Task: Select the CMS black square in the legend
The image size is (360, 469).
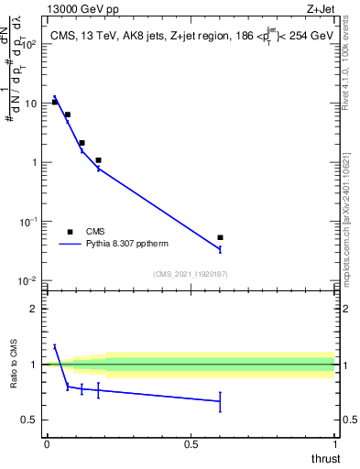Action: point(70,232)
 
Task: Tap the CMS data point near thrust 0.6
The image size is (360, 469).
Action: point(220,237)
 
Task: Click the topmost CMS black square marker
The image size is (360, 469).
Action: point(55,102)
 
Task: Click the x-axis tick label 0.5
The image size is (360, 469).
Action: point(191,444)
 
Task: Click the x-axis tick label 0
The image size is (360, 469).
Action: point(46,444)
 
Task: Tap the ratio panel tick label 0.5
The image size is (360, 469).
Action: point(29,420)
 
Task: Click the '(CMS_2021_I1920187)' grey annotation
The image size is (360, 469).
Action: point(190,273)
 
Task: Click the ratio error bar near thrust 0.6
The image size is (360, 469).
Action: point(220,401)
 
